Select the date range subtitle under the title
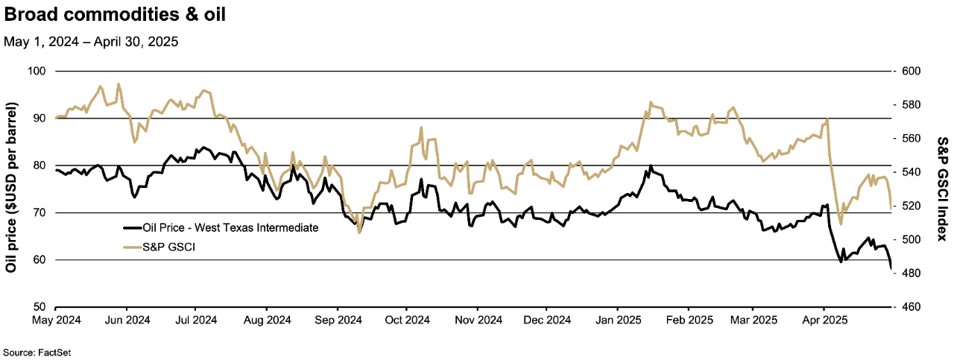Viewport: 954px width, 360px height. pos(90,42)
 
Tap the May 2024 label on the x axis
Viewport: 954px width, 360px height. pos(56,320)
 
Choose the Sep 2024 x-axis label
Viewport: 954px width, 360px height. pos(337,320)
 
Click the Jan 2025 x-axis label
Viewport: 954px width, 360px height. pos(617,320)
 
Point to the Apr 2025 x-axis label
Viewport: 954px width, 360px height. pos(824,320)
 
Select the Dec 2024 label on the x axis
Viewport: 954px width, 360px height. pos(546,320)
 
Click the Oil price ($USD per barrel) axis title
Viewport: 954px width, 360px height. pos(12,189)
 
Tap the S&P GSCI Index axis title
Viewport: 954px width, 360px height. pos(941,189)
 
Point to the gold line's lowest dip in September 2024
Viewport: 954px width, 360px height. pos(359,233)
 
